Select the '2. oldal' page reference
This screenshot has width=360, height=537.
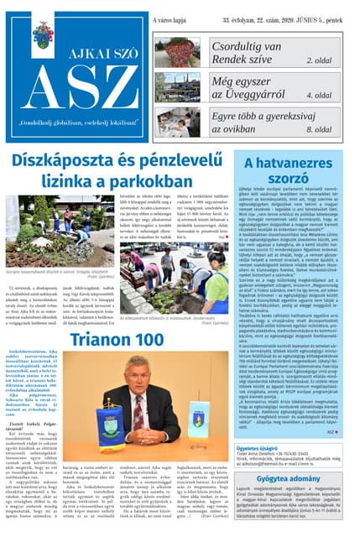click(x=319, y=61)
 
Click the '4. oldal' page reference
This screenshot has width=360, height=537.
click(x=319, y=95)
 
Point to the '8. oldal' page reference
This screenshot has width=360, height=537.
click(x=319, y=129)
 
